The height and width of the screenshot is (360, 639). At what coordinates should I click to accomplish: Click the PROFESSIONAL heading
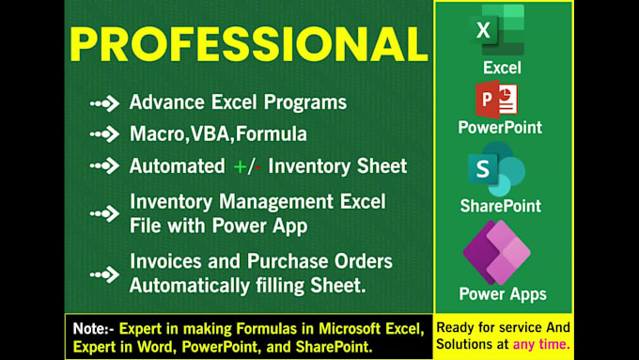[x=248, y=44]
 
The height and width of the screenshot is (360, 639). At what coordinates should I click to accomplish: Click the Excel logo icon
[x=499, y=30]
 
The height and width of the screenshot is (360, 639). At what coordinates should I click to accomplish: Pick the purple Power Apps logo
[x=497, y=252]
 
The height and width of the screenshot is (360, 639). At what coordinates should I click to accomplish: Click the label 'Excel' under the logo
[x=502, y=68]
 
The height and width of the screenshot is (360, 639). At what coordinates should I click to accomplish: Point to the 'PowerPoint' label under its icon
[x=500, y=127]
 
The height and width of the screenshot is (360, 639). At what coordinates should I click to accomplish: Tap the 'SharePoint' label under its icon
[x=499, y=205]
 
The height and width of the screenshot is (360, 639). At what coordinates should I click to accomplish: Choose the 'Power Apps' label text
[x=502, y=294]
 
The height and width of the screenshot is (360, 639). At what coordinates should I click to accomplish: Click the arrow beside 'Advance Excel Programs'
[x=104, y=103]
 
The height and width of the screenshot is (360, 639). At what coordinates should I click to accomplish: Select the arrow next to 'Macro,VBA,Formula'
[x=104, y=134]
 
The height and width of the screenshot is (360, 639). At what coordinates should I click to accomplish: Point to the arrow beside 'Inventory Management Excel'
[x=104, y=213]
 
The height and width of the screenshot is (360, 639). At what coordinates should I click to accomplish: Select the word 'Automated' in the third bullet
[x=176, y=166]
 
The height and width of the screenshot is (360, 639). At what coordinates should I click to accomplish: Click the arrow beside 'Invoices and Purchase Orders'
[x=104, y=274]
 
